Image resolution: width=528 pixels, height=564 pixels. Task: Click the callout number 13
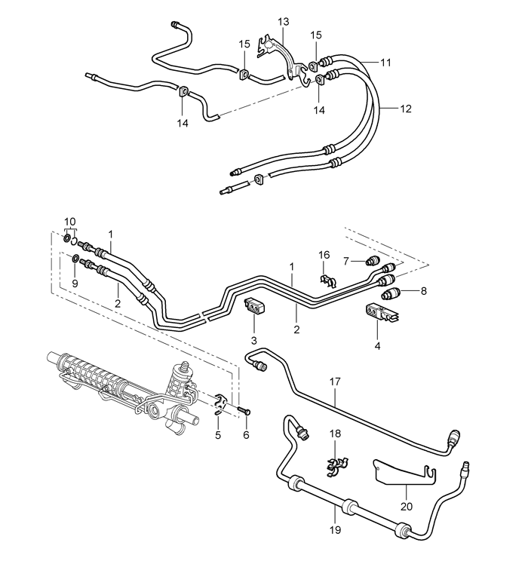[283, 22]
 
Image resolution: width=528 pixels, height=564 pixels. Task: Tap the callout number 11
[385, 63]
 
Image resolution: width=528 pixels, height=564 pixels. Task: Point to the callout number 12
[405, 109]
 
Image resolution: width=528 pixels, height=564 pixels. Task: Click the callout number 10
[70, 222]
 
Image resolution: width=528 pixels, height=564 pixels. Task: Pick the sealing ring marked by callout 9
[76, 260]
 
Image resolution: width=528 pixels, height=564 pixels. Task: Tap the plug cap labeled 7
[372, 262]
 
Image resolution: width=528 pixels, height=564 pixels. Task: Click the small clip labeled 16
[326, 280]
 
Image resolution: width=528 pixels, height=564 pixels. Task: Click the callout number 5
[217, 435]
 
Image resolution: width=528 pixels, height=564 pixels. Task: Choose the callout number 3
[254, 341]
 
